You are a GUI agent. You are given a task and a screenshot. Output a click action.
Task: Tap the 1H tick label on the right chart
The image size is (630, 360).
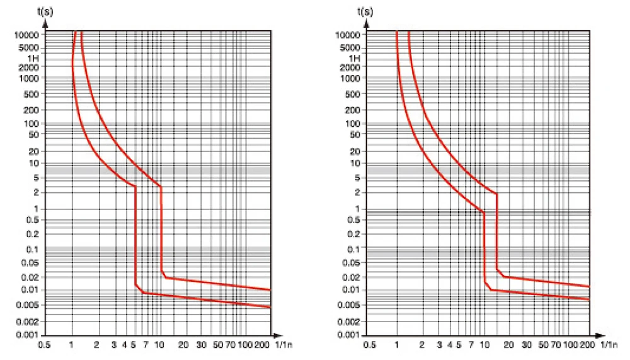pyautogui.click(x=355, y=57)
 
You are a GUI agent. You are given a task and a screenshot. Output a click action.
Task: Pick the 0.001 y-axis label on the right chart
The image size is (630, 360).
pyautogui.click(x=348, y=334)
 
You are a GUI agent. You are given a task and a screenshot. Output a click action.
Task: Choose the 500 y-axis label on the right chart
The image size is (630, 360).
pyautogui.click(x=352, y=94)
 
